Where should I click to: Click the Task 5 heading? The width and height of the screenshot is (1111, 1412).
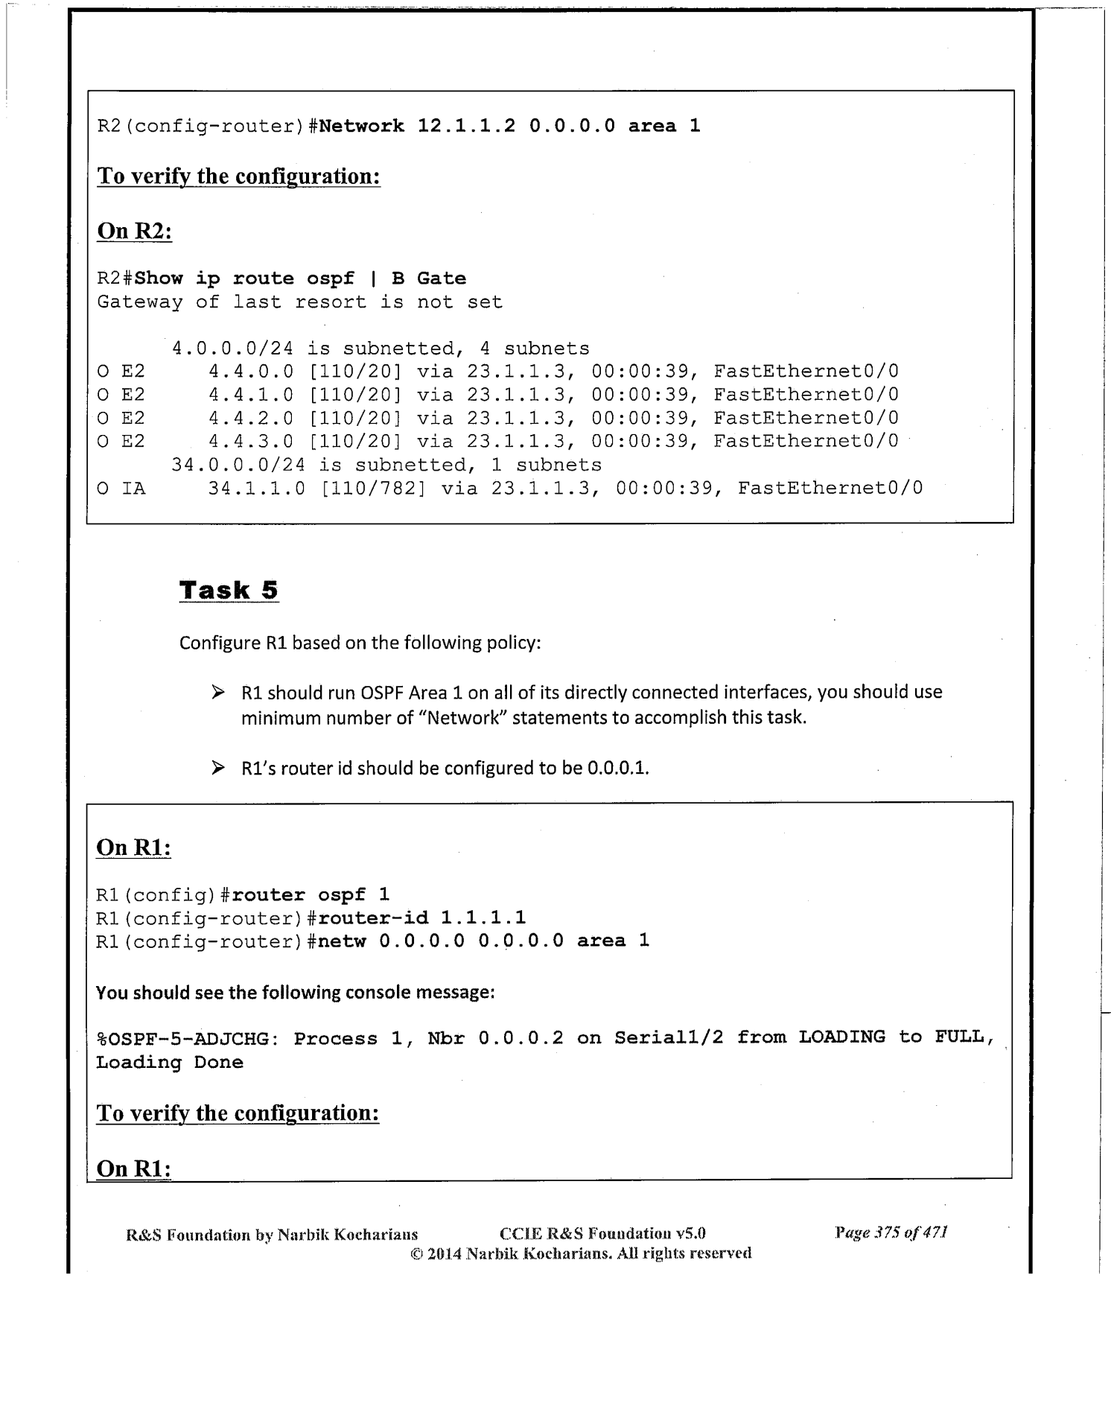point(229,590)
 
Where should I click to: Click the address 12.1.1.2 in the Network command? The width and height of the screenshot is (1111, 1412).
point(466,126)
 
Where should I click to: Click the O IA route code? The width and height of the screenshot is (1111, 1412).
point(121,488)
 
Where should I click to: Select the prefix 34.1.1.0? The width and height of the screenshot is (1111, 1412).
point(257,488)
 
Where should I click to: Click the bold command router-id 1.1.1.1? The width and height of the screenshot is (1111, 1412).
point(423,918)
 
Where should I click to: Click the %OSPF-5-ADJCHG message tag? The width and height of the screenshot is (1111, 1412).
point(186,1037)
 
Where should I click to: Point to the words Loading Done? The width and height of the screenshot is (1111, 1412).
point(170,1062)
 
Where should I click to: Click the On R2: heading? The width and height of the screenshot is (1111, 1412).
point(135,231)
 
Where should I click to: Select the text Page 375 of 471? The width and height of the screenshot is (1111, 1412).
point(891,1233)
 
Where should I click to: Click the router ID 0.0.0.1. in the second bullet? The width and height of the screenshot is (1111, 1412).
point(618,768)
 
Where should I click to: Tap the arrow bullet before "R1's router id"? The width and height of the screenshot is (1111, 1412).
point(217,767)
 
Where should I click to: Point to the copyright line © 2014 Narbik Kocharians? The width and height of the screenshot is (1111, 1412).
point(581,1253)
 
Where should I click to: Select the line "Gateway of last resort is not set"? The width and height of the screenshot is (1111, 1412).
point(299,302)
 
